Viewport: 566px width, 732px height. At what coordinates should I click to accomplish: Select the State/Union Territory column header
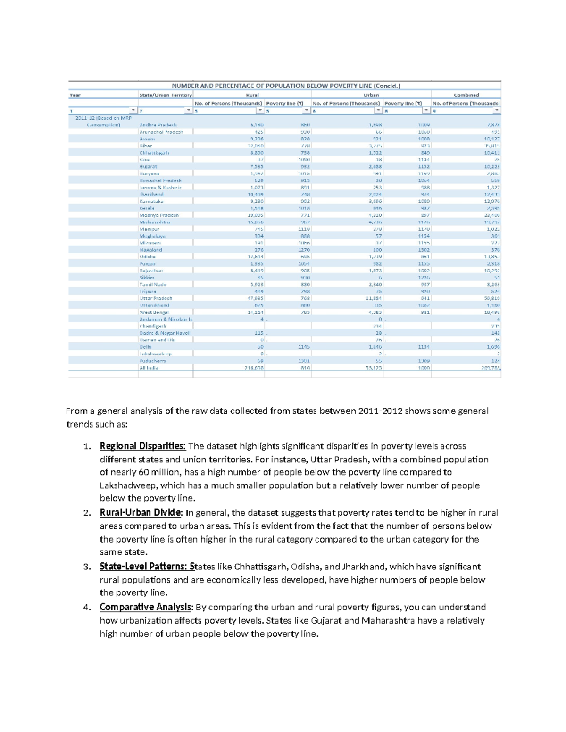(x=165, y=95)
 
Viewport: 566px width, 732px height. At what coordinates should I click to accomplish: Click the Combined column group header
(x=466, y=95)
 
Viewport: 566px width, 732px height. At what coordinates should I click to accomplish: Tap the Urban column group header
(x=371, y=95)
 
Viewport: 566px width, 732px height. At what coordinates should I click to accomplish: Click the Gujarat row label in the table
(x=148, y=167)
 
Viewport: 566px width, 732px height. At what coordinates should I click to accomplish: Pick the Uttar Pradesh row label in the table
(x=156, y=298)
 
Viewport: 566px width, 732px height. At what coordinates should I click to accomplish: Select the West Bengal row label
(x=154, y=312)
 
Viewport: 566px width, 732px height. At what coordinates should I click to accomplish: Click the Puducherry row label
(x=152, y=361)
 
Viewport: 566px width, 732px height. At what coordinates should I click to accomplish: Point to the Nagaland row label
(x=150, y=250)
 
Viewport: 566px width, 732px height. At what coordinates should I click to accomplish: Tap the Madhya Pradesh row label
(x=159, y=215)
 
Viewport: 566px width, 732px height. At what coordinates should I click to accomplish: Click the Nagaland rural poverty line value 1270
(x=304, y=250)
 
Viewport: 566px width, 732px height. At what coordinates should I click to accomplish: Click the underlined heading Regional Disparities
(x=142, y=446)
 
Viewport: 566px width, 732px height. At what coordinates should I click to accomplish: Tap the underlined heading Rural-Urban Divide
(x=140, y=513)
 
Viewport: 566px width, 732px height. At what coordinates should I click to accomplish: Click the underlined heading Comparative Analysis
(x=146, y=607)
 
